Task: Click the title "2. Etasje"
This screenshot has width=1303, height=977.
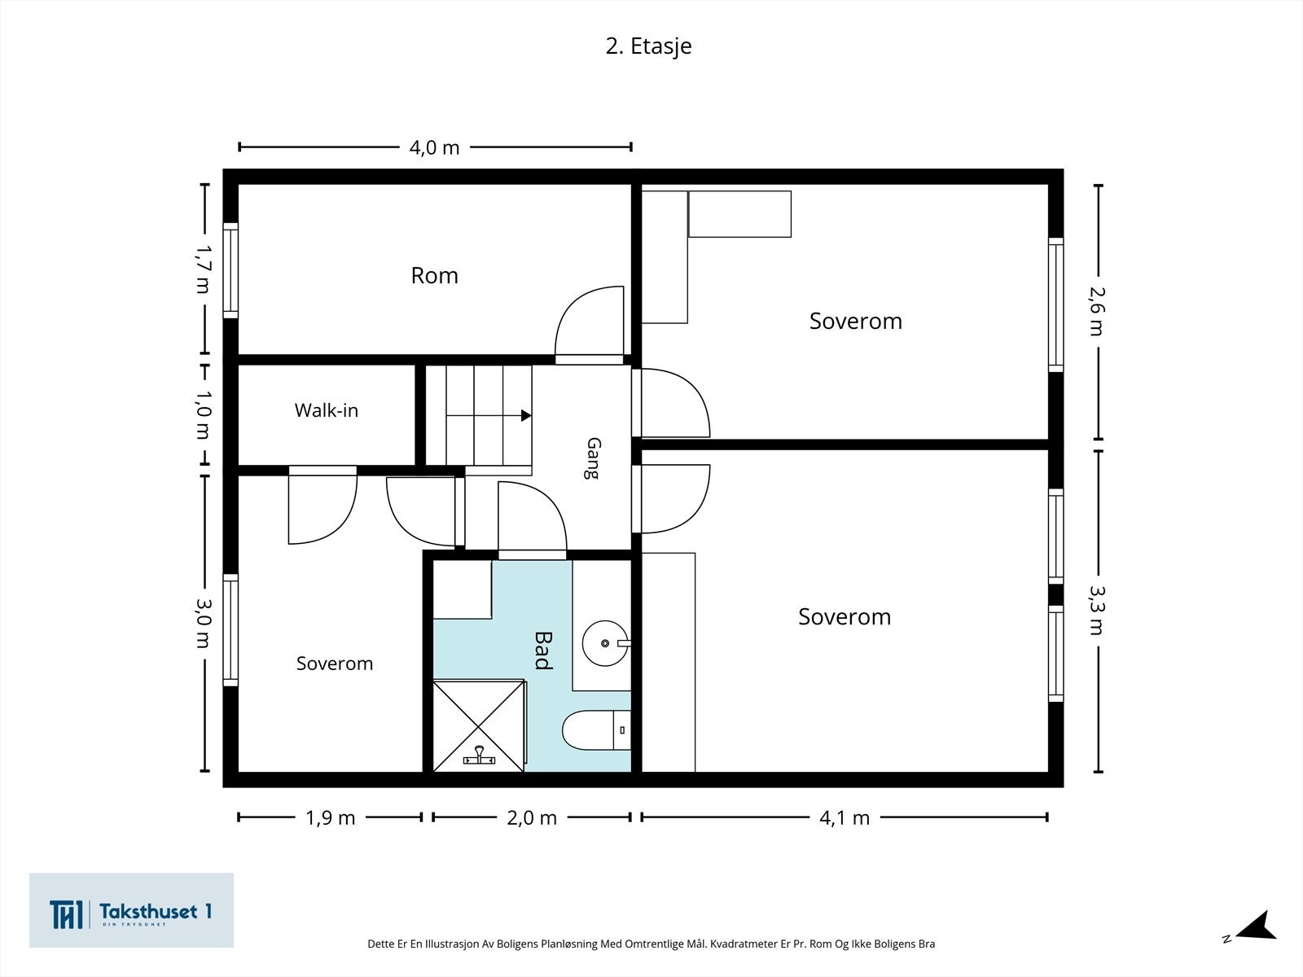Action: pos(648,46)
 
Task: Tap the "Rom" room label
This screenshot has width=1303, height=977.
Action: pos(435,276)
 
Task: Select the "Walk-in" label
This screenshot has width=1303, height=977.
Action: pos(327,410)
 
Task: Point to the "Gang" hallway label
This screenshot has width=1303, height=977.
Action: pos(593,458)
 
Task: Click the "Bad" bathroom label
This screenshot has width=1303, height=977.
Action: pos(543,651)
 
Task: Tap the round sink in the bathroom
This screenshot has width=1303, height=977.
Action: pos(605,644)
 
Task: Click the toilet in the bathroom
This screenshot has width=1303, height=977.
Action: pos(596,730)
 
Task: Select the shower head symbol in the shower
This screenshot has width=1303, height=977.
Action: pos(479,756)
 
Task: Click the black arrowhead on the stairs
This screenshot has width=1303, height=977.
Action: pos(526,416)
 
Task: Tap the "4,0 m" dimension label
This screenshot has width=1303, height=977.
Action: pos(435,147)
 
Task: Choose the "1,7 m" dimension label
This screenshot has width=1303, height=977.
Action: pos(203,269)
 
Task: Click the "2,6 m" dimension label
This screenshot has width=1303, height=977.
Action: pos(1098,312)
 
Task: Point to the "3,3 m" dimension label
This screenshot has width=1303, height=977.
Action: pos(1098,611)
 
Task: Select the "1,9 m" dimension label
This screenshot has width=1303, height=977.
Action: pos(331,818)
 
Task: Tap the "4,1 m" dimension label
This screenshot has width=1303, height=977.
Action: pos(845,818)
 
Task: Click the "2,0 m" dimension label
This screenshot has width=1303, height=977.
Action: pos(532,818)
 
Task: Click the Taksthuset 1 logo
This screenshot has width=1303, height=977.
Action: pos(131,910)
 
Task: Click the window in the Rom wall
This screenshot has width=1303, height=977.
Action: pos(230,270)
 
